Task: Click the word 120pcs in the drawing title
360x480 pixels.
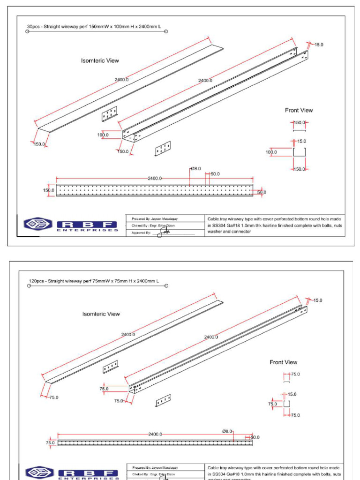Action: [36, 281]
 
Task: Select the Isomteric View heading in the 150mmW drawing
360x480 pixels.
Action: [100, 60]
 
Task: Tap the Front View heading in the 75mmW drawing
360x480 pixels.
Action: [283, 362]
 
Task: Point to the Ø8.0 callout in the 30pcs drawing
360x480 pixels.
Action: [195, 168]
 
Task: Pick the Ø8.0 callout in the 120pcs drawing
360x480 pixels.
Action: [227, 431]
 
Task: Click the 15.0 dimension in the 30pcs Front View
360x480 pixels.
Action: [301, 141]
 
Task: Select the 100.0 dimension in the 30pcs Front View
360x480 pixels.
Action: [271, 152]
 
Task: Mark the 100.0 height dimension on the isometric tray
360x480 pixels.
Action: [103, 135]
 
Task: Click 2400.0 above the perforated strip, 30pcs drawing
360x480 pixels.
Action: [155, 178]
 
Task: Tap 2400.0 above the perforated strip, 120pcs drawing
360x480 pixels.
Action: [155, 434]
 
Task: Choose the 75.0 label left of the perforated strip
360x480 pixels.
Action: [50, 442]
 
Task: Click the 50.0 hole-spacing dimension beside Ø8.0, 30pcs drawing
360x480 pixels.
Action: [215, 174]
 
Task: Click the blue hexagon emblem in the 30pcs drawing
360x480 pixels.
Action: [38, 225]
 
